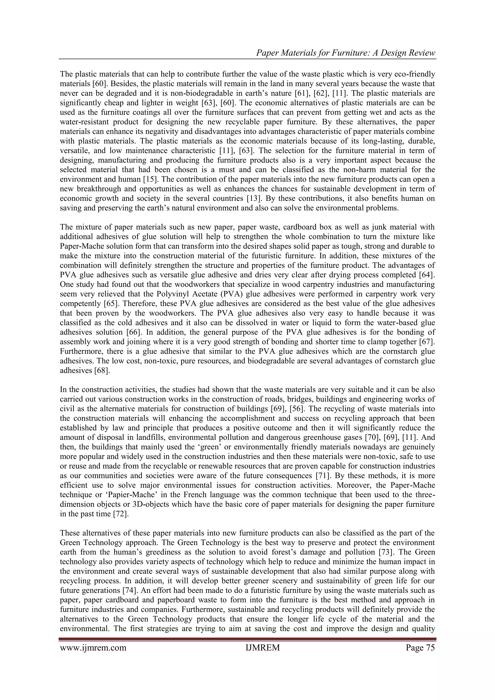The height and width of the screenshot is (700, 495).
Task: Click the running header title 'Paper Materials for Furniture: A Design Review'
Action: [346, 53]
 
